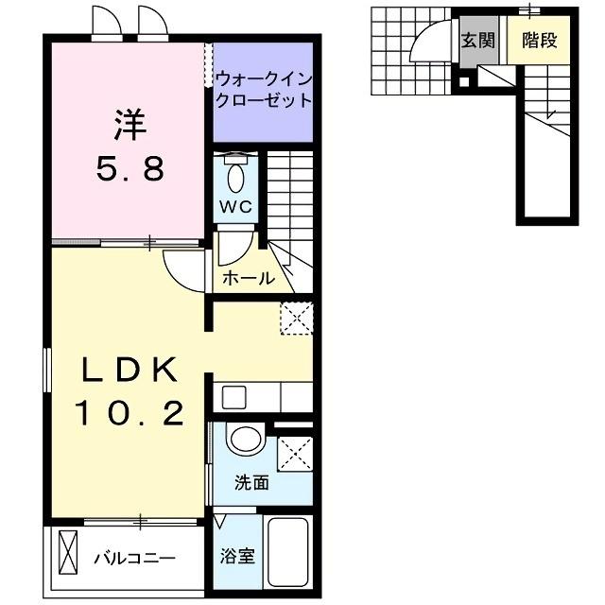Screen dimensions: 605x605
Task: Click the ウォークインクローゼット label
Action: [x=263, y=89]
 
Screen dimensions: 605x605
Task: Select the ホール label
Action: [x=249, y=278]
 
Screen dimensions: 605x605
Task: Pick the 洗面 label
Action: [x=251, y=483]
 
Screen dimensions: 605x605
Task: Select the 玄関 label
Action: [x=477, y=41]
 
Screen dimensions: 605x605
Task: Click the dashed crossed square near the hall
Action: [x=297, y=318]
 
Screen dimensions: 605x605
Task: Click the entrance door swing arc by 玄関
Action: [x=430, y=43]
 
